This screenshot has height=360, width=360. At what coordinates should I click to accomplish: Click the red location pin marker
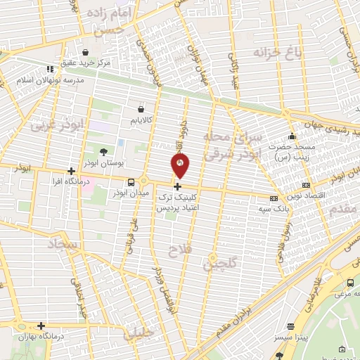[x=180, y=166]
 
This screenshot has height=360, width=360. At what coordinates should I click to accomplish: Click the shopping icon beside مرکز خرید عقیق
[x=85, y=52]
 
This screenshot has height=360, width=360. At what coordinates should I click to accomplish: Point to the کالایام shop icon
[x=141, y=110]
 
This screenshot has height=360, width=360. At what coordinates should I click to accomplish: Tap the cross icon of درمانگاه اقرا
[x=70, y=171]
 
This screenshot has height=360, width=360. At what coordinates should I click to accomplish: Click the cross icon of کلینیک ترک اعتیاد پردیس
[x=177, y=187]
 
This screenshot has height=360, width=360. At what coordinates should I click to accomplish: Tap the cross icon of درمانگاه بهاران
[x=41, y=326]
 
